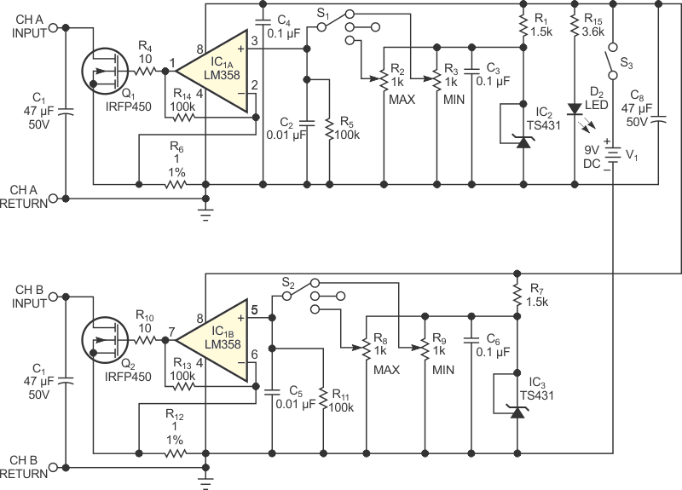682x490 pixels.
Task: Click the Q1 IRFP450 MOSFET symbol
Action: tap(104, 71)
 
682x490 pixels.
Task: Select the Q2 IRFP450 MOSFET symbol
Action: tap(104, 340)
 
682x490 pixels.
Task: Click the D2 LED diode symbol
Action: tap(575, 109)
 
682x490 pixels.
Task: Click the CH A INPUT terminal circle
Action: tap(53, 28)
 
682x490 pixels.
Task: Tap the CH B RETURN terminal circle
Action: tap(53, 468)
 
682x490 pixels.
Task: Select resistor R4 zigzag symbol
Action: tap(144, 71)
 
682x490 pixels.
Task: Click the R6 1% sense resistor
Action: tap(176, 185)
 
